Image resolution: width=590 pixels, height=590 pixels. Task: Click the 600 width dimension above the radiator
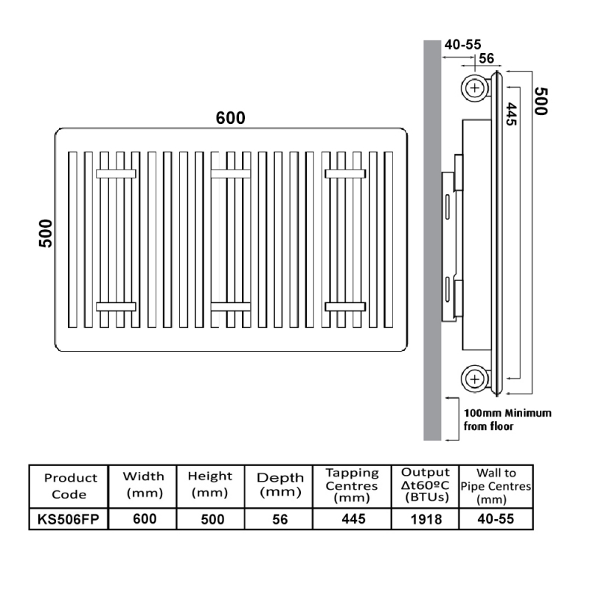coord(230,118)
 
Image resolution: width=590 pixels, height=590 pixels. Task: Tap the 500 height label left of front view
coord(46,233)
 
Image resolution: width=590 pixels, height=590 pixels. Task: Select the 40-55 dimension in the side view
coord(462,45)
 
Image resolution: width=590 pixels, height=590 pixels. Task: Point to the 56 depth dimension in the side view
coord(487,58)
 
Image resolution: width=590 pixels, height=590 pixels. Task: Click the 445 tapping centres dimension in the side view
coord(511,114)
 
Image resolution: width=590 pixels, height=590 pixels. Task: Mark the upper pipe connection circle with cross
coord(475,88)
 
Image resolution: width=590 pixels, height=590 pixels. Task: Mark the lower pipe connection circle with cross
coord(475,379)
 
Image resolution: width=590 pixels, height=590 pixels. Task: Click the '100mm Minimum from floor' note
coord(507,420)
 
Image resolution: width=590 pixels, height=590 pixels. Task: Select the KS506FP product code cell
coord(69,519)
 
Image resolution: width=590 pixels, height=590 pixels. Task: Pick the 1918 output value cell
coord(426,519)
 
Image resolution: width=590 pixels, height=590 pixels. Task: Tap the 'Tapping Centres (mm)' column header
coord(353,485)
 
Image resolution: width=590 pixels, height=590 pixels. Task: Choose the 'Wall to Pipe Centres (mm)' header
coord(496,486)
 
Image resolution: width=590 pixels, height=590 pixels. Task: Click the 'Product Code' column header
coord(70,486)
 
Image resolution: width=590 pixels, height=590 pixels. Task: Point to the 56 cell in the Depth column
coord(280,519)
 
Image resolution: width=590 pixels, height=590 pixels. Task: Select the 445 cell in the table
coord(353,519)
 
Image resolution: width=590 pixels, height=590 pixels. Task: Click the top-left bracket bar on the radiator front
coord(116,173)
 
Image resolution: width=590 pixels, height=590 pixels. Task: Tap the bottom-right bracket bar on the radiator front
coord(345,307)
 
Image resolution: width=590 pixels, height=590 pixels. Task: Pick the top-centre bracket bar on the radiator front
coord(231,173)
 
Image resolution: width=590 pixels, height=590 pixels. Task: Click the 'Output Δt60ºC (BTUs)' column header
coord(426,485)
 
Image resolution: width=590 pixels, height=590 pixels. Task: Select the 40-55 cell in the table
coord(496,519)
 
